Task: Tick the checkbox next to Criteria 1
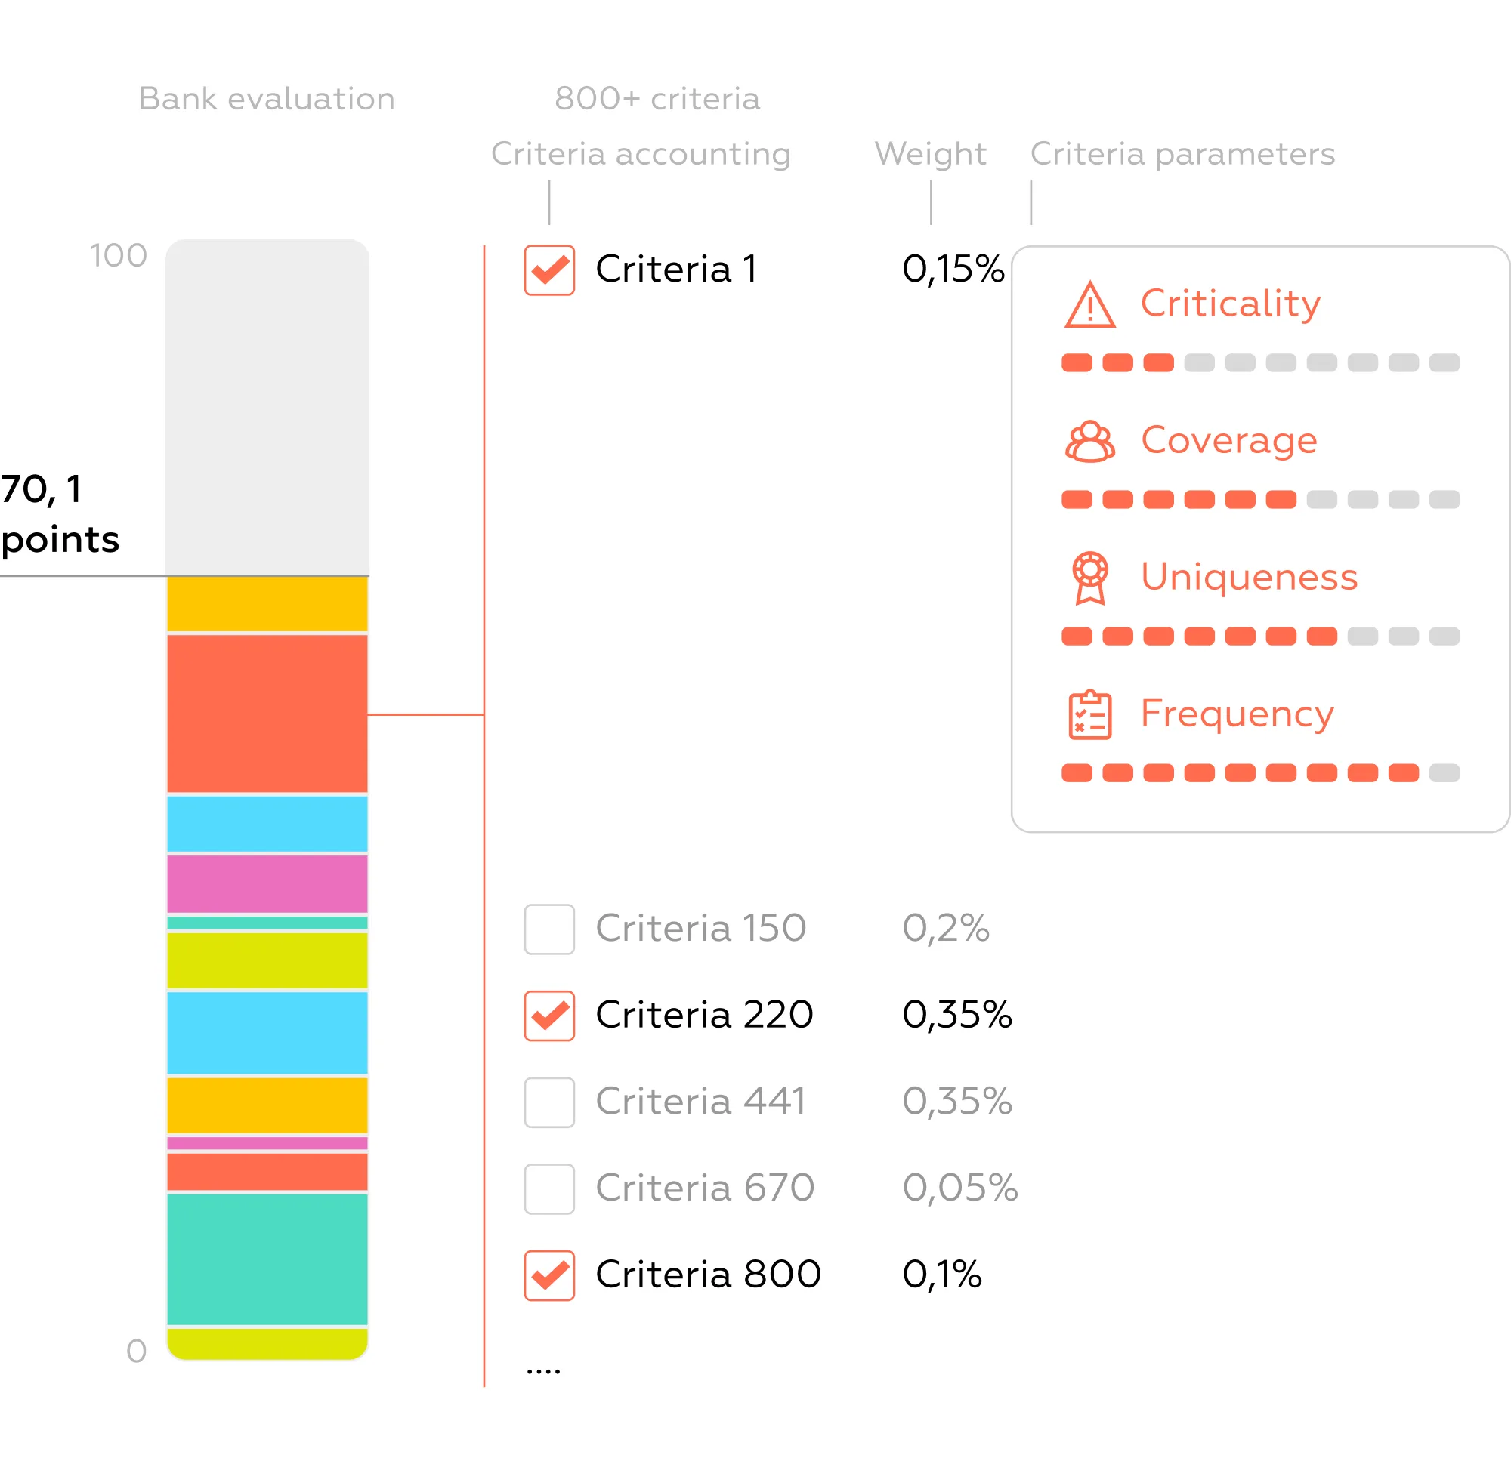549,270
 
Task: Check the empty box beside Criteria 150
549,929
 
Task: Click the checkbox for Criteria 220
549,1016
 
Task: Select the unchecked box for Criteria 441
549,1102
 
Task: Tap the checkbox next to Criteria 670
549,1189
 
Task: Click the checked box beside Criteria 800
549,1275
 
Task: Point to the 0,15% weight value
953,270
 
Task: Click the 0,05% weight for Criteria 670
959,1188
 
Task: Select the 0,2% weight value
945,928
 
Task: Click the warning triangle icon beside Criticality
1089,305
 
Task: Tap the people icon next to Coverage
1089,442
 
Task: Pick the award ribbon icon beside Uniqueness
1089,578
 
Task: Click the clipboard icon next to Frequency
1089,715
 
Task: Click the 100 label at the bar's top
118,256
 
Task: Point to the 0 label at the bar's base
137,1351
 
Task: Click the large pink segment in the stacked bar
267,884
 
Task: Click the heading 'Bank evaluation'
266,99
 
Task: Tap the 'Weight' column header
930,154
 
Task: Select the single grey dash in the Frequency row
1444,773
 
